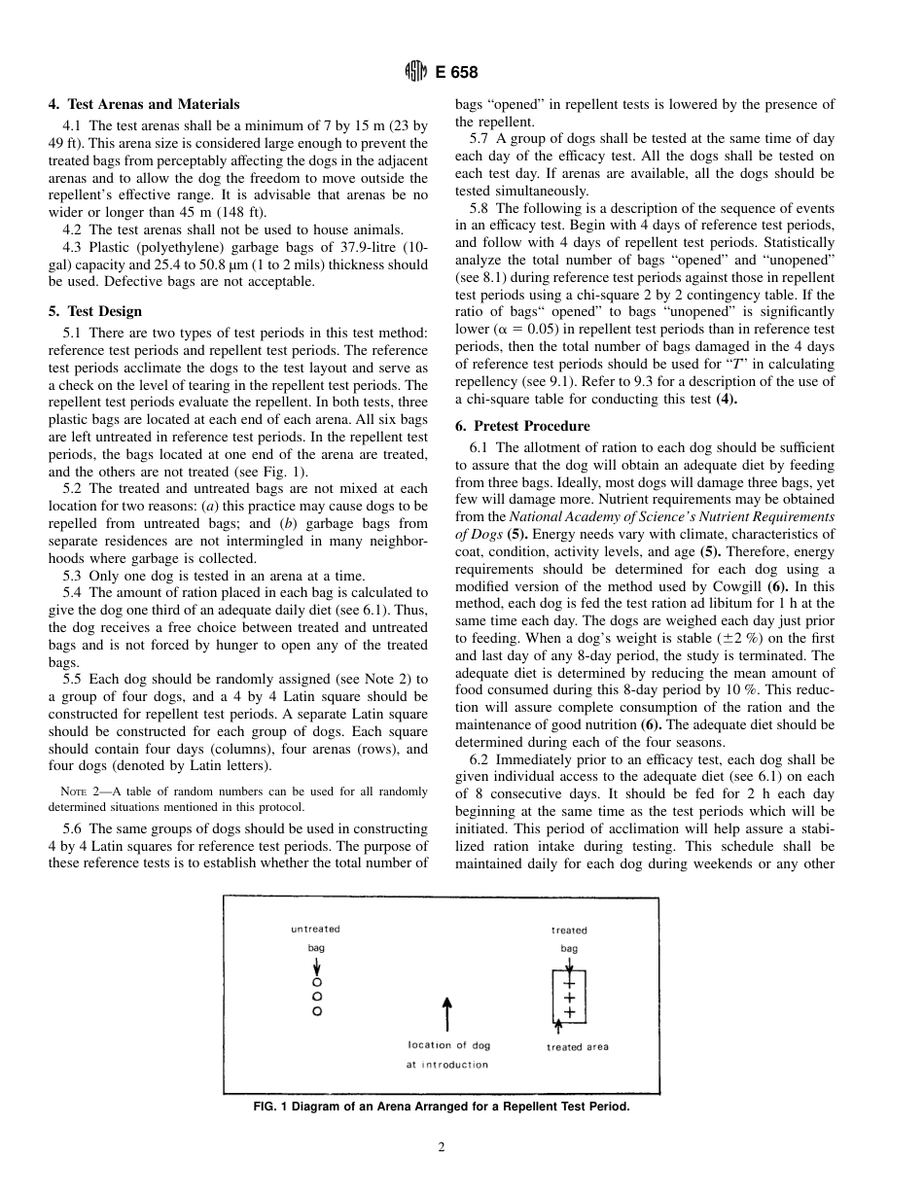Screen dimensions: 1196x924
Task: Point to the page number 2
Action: tap(441, 1147)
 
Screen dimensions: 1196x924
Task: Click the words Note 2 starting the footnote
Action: tap(80, 791)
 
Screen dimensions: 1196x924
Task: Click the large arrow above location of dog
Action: tap(446, 1013)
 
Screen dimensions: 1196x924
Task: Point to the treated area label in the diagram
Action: tap(578, 1047)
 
